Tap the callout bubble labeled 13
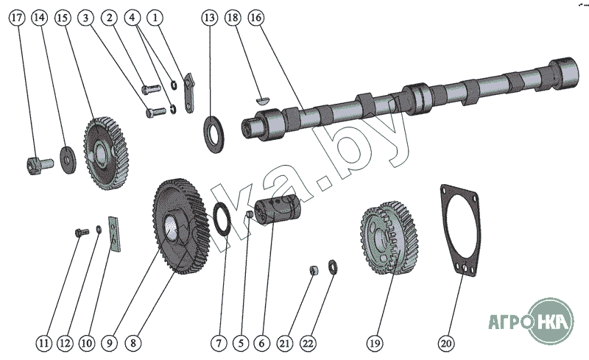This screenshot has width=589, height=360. click(x=210, y=16)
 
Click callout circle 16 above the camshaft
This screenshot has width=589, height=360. click(x=254, y=16)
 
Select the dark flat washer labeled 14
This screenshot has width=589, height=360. click(x=68, y=158)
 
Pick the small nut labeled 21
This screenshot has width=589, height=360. click(x=313, y=269)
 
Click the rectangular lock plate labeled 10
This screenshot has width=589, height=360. click(x=114, y=233)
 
